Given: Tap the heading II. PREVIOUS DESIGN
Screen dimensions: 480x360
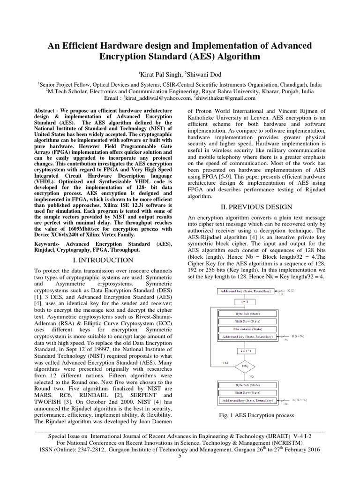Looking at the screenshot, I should pos(253,207).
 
